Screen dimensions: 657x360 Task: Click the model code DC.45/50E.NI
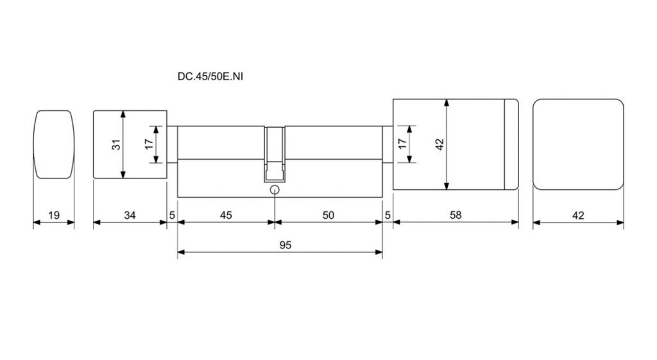pos(210,77)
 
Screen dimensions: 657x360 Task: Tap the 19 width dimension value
pos(54,216)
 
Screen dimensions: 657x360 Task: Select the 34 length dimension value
pos(130,216)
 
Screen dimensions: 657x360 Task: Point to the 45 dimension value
pos(226,216)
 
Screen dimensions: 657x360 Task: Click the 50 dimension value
pos(328,216)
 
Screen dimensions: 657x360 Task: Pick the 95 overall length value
pos(286,245)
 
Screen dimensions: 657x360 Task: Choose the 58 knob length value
pos(456,216)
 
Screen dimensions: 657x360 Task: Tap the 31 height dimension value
pos(117,144)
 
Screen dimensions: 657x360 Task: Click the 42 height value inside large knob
pos(439,144)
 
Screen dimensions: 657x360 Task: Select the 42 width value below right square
pos(578,216)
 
